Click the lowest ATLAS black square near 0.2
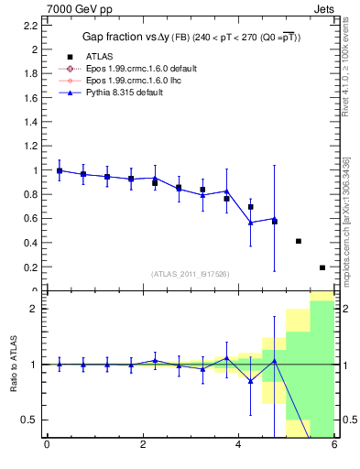(322, 267)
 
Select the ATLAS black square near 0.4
(299, 241)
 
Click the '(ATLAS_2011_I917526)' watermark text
(191, 273)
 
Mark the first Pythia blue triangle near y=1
(60, 170)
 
